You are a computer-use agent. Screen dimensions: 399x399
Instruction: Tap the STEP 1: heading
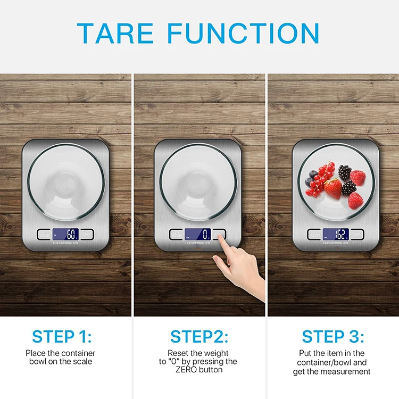pos(62,336)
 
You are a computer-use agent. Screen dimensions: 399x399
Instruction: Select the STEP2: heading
pos(199,336)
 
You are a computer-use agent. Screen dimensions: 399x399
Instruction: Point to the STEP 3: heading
pos(333,336)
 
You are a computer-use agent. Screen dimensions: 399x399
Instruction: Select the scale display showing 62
pos(336,234)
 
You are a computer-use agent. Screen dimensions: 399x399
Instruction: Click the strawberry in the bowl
pos(333,188)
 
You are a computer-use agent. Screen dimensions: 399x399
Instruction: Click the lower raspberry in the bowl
pos(355,200)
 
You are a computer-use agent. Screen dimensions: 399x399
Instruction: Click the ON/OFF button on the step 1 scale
pos(44,234)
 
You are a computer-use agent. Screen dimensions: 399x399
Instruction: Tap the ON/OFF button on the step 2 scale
pos(176,234)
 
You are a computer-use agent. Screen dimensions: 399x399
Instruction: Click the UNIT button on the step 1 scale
pos(87,234)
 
